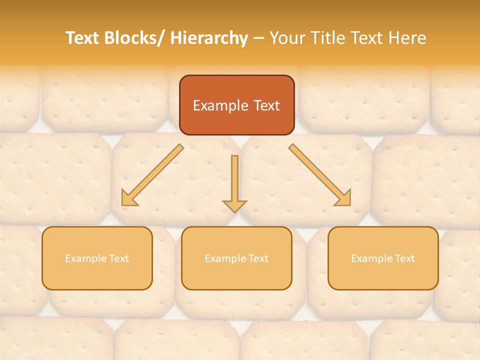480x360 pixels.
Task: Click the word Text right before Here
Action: (369, 38)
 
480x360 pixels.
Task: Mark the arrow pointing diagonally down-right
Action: (320, 175)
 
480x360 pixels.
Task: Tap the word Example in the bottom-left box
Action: (83, 258)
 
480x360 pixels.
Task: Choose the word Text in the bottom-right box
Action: (404, 258)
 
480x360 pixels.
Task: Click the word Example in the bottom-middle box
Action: (222, 258)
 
